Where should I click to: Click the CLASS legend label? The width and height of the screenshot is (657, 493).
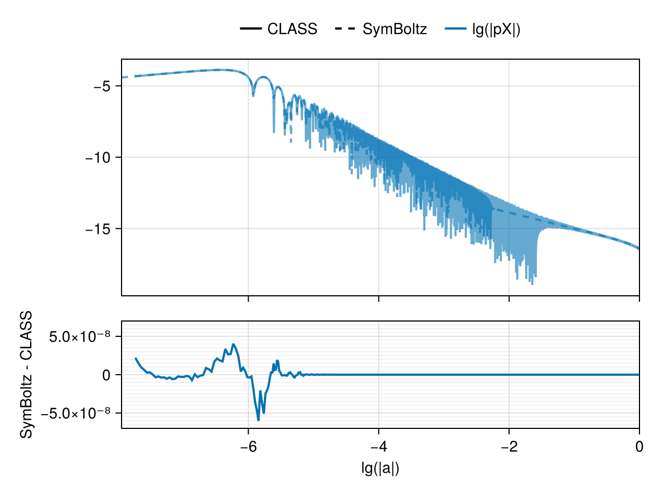(x=292, y=29)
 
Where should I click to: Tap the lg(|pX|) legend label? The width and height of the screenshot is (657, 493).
(x=495, y=29)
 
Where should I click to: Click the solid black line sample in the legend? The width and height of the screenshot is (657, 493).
(x=251, y=29)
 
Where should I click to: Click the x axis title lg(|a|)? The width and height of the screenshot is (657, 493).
(x=380, y=469)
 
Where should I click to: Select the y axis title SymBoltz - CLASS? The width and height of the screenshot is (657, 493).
(x=26, y=375)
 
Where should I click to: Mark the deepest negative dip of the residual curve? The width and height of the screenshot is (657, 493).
(x=258, y=420)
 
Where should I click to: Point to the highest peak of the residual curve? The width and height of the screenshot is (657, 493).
(x=233, y=344)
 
